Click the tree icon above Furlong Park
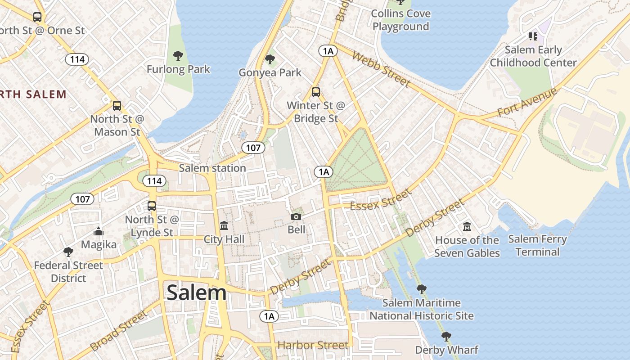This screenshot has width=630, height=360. [x=178, y=56]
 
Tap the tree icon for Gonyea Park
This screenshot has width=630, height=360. [x=270, y=59]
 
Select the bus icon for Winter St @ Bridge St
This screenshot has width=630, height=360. [x=316, y=92]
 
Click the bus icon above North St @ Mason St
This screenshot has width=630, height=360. [x=117, y=106]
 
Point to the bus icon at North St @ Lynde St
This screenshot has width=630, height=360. [x=152, y=206]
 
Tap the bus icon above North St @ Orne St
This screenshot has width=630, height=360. [x=37, y=17]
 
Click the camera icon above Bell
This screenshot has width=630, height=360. [x=296, y=216]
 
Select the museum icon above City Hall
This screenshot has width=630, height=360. [x=224, y=225]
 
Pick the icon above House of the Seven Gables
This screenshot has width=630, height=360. [x=467, y=226]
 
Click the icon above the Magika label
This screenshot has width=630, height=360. [x=99, y=232]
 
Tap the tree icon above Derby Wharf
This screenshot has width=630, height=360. [x=446, y=336]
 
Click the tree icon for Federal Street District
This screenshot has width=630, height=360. [x=68, y=252]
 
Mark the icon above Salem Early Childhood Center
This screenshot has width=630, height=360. [x=533, y=36]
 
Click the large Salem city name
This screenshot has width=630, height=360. [x=197, y=293]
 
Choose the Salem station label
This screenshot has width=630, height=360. [x=212, y=168]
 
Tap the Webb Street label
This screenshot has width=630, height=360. [x=381, y=69]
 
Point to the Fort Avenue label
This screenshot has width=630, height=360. [x=527, y=103]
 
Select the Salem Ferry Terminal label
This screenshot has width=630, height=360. [x=538, y=245]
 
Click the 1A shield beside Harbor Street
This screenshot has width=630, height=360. [x=269, y=316]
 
